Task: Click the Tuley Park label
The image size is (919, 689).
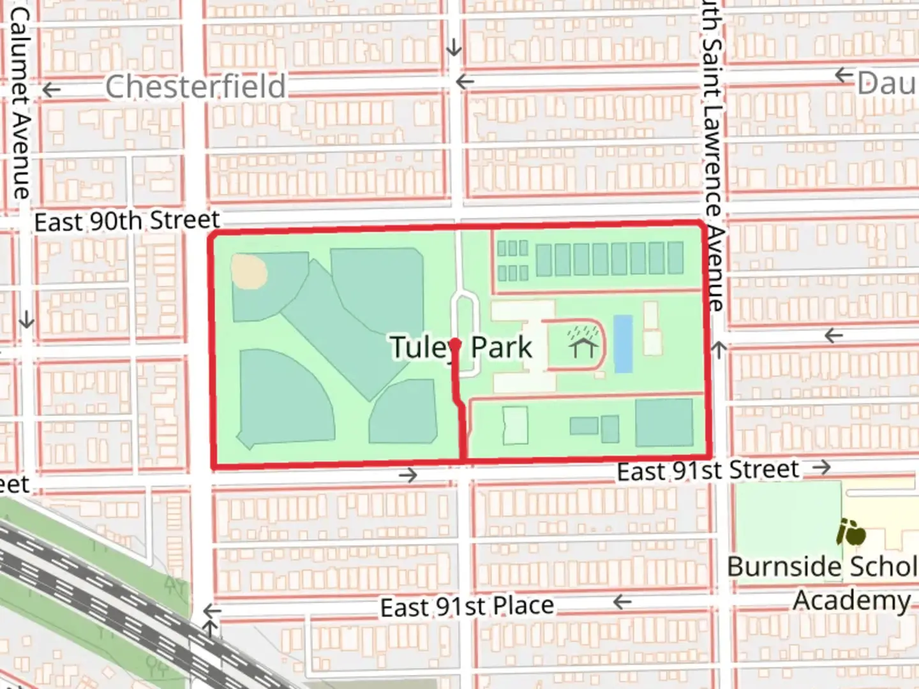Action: click(x=461, y=348)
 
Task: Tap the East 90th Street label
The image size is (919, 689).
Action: click(x=127, y=221)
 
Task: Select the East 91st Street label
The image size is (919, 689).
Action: click(x=707, y=471)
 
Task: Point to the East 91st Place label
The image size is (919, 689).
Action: click(x=467, y=607)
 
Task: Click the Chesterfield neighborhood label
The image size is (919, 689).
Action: click(x=195, y=87)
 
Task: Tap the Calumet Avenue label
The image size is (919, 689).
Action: click(x=20, y=102)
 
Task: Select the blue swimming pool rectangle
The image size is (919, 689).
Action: click(x=623, y=343)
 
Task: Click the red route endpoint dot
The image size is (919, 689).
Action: click(x=455, y=344)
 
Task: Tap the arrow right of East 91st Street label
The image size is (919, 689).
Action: click(x=822, y=468)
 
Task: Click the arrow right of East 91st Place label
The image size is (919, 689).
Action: click(x=622, y=602)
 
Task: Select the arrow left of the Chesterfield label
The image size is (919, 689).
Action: click(x=51, y=90)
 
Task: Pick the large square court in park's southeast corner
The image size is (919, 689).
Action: click(x=664, y=423)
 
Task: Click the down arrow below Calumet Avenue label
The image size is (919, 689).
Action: click(x=26, y=319)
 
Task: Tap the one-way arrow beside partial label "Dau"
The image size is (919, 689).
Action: click(x=844, y=76)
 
